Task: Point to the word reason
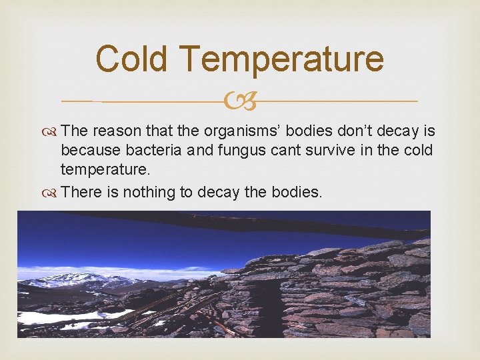click(119, 131)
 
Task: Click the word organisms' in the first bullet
click(245, 131)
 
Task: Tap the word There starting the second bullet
click(81, 193)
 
